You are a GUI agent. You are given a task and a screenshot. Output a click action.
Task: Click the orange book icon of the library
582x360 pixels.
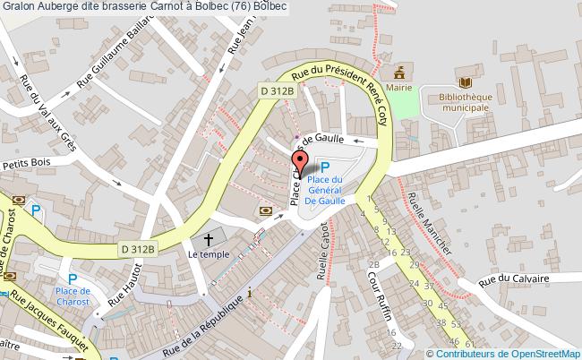coord(458,76)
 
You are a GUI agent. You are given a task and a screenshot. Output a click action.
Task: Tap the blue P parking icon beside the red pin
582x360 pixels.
coord(325,167)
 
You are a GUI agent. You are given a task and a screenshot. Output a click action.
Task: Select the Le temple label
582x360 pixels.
coord(209,254)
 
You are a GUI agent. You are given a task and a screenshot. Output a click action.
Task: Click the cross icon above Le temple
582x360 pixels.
coord(209,239)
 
